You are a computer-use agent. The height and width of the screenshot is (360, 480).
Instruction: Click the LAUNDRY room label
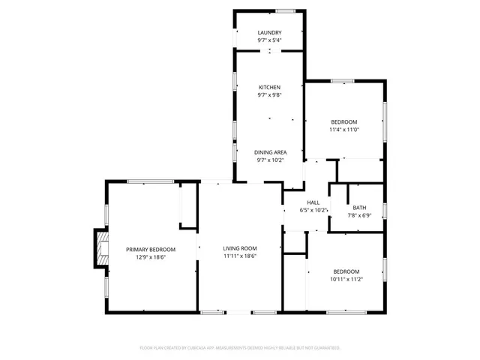coord(269,33)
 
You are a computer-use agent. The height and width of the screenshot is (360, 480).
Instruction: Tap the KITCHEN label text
coord(269,88)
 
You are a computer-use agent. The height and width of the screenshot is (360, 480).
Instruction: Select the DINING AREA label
coord(269,151)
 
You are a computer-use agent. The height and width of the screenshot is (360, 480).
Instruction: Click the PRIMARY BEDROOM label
coord(150,249)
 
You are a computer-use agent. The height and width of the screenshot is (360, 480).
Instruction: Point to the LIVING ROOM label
coord(240,248)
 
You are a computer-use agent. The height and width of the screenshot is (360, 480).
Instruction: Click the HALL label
coord(314,202)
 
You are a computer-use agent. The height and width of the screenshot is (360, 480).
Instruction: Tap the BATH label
coord(359,208)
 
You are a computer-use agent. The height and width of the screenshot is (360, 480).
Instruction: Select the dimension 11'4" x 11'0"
coord(344,130)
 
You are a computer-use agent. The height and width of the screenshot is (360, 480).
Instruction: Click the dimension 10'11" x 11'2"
coord(346,279)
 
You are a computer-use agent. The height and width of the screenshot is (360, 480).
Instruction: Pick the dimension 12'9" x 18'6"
coord(150,256)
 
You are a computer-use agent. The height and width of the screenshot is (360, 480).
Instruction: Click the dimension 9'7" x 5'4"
coord(269,40)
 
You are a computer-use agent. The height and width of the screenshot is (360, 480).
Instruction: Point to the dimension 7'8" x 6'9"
coord(359,215)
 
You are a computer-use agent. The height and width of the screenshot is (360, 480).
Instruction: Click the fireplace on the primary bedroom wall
coord(98,248)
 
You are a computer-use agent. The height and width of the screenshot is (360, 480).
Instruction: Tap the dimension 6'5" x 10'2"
coord(314,210)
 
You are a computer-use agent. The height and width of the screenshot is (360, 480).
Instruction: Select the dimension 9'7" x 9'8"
coord(269,95)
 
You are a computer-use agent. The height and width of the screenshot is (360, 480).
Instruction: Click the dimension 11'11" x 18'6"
coord(240,256)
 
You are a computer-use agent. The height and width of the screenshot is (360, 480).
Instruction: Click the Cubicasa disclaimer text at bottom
coord(240,348)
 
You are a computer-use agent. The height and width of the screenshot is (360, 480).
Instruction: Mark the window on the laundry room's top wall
coord(285,11)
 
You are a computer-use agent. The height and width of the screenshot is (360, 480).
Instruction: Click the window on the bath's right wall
coord(385,209)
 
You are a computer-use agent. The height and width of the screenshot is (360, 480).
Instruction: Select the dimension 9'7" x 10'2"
coord(269,159)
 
